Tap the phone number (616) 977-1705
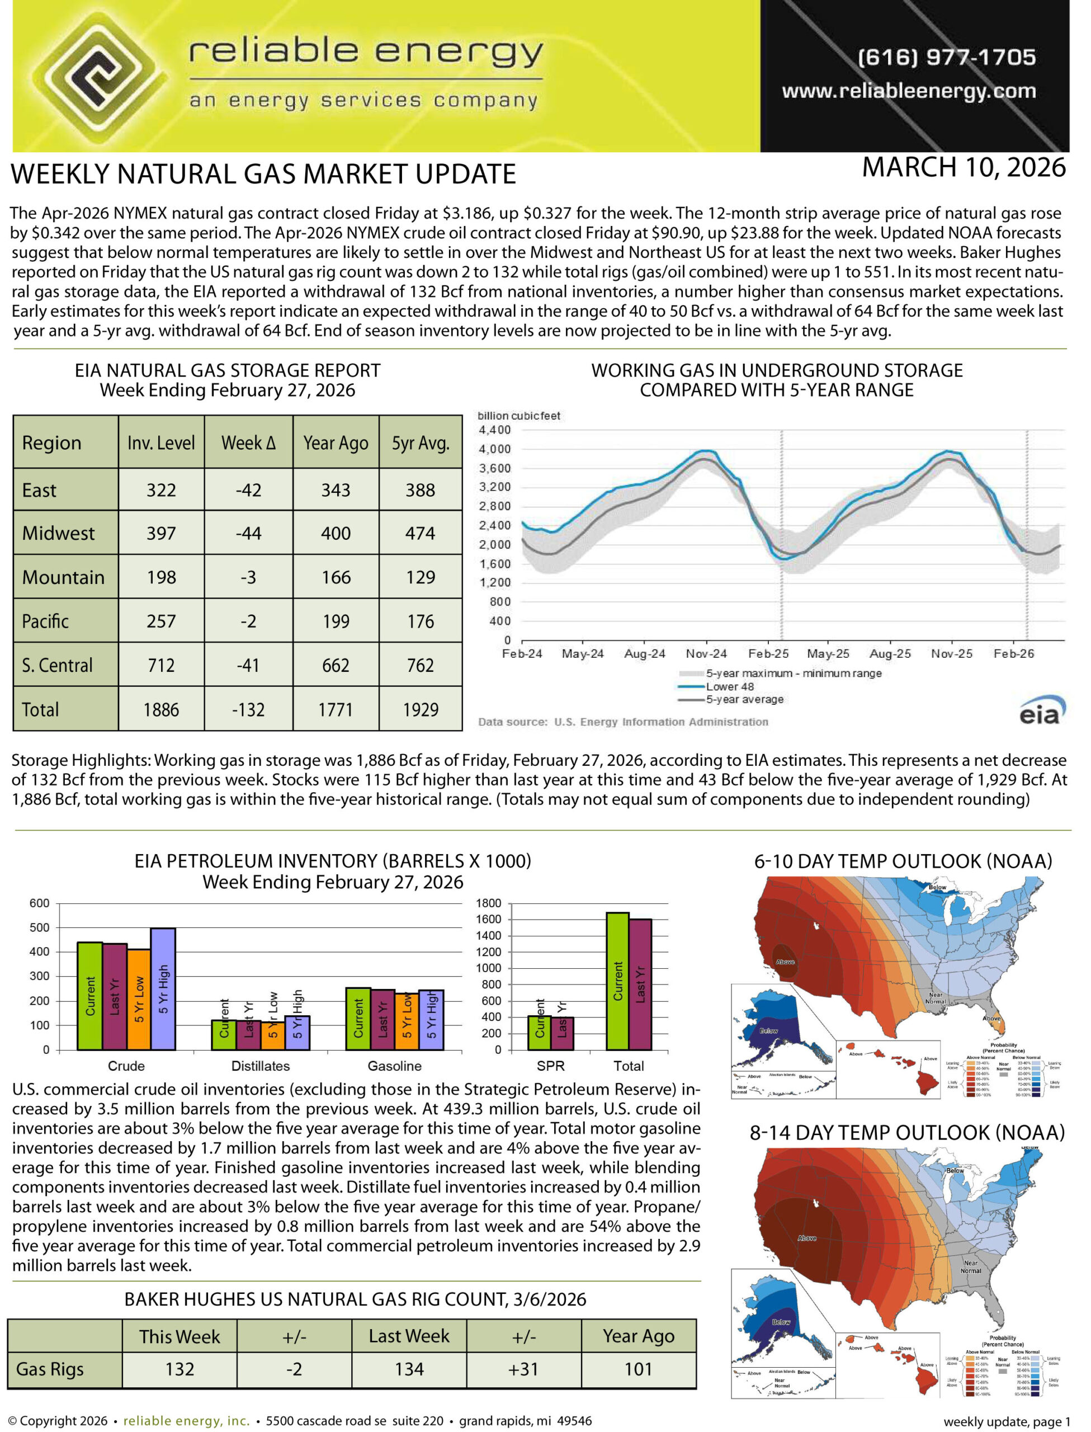click(x=946, y=57)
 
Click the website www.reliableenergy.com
click(x=909, y=91)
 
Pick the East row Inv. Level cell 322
click(x=161, y=491)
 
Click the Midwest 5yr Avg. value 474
click(x=420, y=533)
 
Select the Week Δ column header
click(x=248, y=443)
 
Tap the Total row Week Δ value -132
click(x=248, y=709)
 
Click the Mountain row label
click(x=63, y=577)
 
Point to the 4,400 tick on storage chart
click(x=494, y=430)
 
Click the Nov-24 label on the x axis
click(x=706, y=654)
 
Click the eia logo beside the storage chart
click(x=1042, y=711)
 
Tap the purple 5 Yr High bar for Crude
click(x=163, y=988)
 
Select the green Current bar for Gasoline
click(x=358, y=1018)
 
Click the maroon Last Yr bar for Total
click(x=640, y=984)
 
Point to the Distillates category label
click(x=261, y=1066)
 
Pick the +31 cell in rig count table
click(x=523, y=1369)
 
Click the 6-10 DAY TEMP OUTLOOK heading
click(x=903, y=861)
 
